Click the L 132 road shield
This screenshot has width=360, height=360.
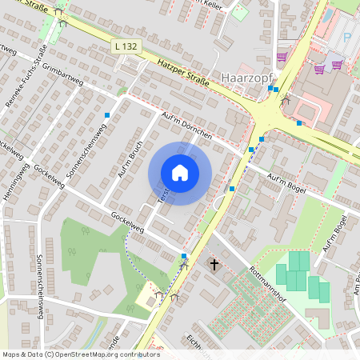126,47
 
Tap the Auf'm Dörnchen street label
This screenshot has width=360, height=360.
186,126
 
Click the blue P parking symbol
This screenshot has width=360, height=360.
346,38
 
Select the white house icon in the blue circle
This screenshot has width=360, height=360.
180,173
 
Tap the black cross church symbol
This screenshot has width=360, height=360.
214,263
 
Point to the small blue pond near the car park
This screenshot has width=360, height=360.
327,15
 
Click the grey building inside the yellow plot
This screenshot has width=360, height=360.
147,297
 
